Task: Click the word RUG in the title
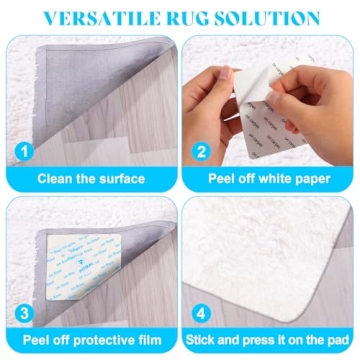pyautogui.click(x=199, y=19)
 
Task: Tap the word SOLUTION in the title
pyautogui.click(x=274, y=19)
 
